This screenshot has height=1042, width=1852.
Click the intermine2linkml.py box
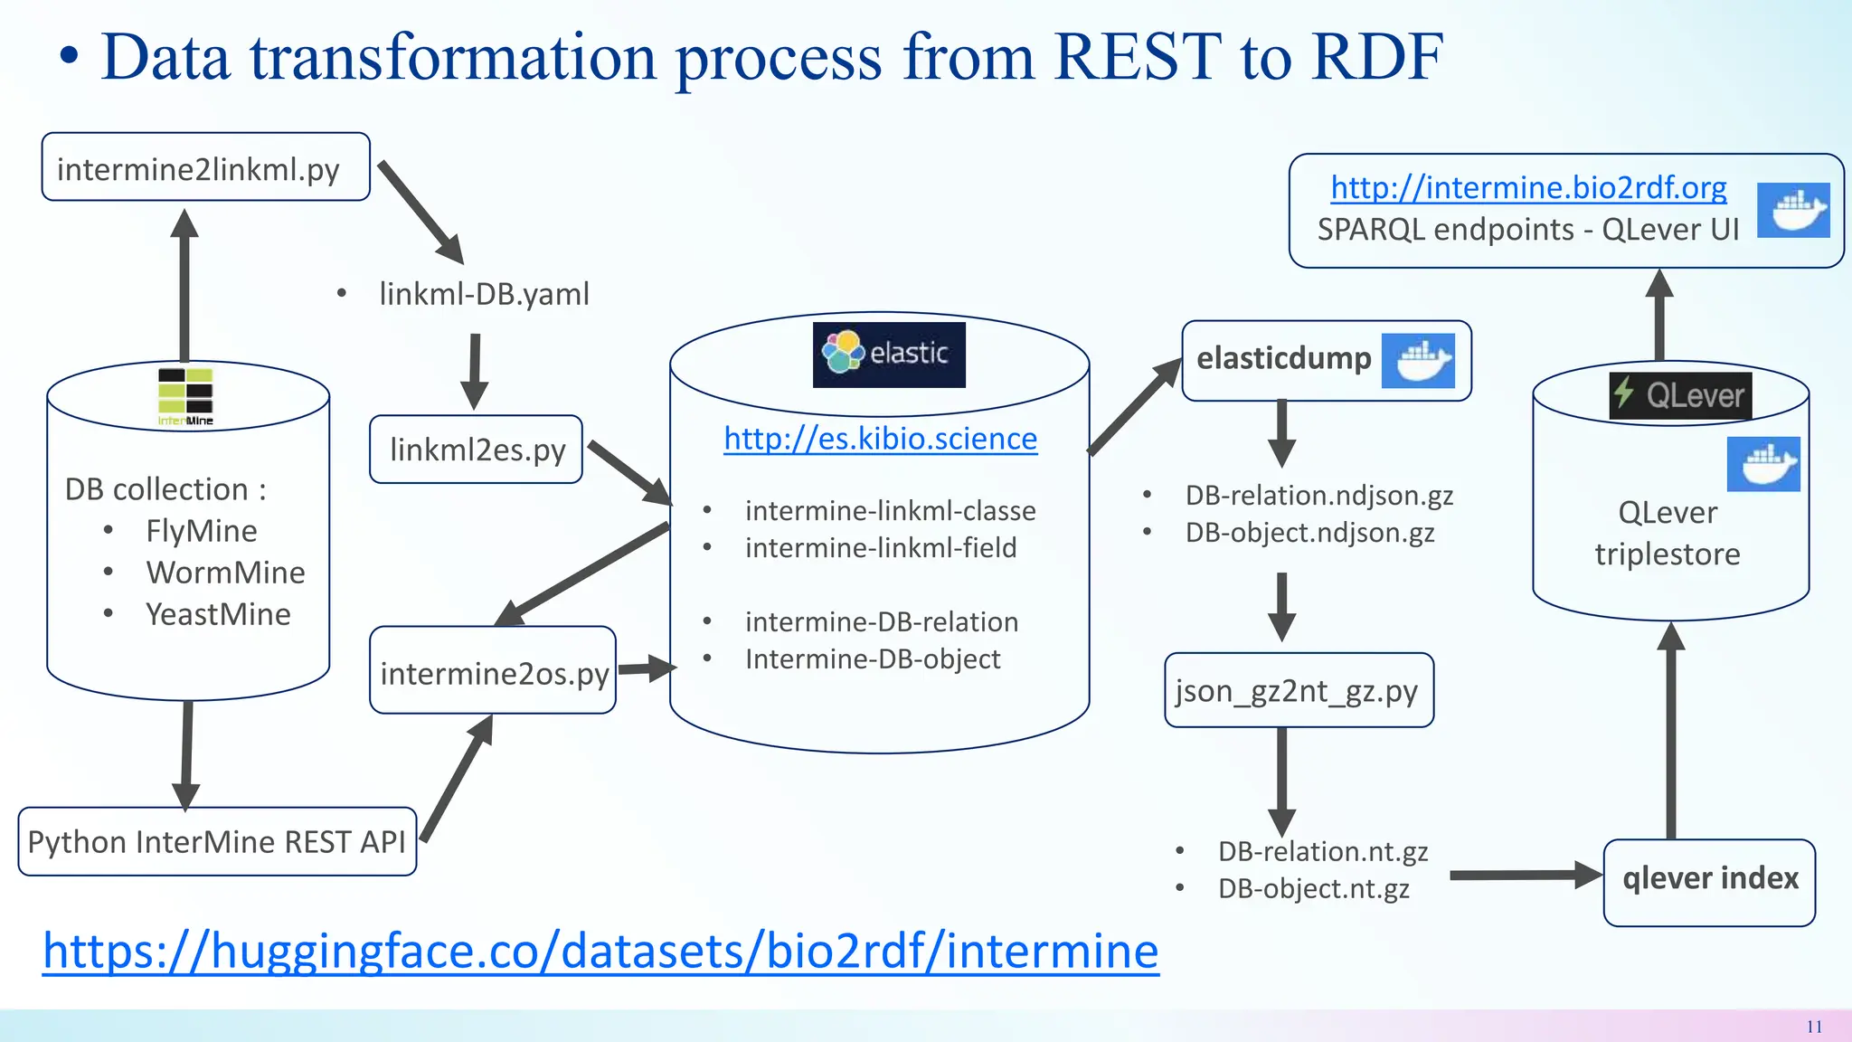point(205,168)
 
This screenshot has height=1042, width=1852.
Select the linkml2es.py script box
point(476,450)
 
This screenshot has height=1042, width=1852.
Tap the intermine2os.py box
point(493,672)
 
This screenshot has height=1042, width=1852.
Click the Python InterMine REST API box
point(217,842)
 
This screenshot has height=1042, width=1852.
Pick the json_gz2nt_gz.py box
point(1299,691)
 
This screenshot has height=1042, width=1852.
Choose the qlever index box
point(1709,880)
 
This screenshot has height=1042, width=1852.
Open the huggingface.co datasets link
point(600,951)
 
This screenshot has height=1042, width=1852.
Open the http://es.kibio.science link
point(880,439)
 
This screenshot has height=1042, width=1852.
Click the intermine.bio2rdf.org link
point(1528,187)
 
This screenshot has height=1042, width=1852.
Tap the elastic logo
point(889,355)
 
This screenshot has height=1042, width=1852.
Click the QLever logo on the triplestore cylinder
point(1680,395)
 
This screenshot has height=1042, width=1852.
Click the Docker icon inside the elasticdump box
point(1418,361)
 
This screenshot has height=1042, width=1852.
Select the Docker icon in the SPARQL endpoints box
point(1792,210)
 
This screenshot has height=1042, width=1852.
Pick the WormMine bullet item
point(225,573)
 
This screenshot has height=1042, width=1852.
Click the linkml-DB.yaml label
point(484,294)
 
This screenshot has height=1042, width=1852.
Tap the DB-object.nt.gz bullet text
point(1313,888)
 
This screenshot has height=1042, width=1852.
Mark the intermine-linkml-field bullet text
point(881,548)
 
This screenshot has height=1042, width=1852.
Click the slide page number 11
point(1814,1027)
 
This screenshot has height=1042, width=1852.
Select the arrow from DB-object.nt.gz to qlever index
point(1525,875)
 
